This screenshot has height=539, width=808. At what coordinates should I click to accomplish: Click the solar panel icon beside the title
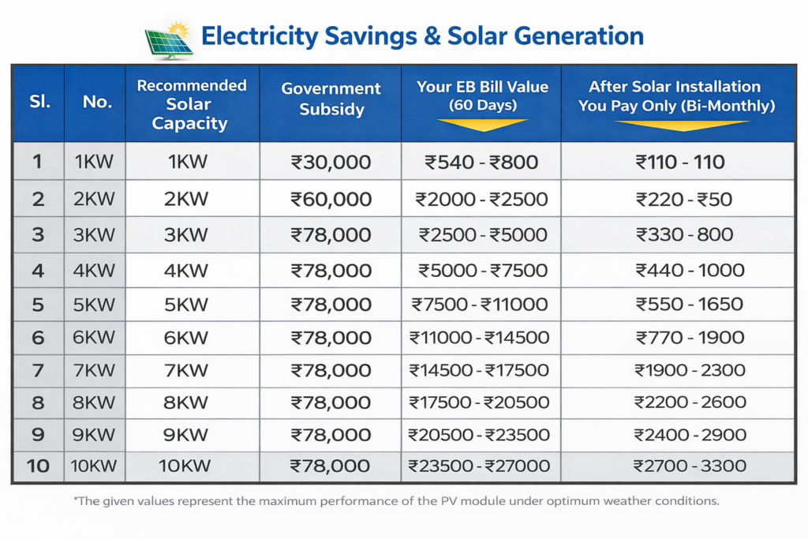pyautogui.click(x=169, y=40)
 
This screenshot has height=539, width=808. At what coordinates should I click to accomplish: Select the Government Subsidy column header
pyautogui.click(x=331, y=99)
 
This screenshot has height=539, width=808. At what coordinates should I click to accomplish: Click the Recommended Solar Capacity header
pyautogui.click(x=192, y=104)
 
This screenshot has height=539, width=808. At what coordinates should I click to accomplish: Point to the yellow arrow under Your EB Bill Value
pyautogui.click(x=481, y=125)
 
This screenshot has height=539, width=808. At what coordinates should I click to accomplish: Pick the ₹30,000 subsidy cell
pyautogui.click(x=331, y=163)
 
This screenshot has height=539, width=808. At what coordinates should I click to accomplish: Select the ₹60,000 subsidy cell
pyautogui.click(x=331, y=199)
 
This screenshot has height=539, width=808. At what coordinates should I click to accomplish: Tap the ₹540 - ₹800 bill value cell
pyautogui.click(x=481, y=163)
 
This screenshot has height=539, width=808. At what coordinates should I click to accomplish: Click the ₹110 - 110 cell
pyautogui.click(x=679, y=163)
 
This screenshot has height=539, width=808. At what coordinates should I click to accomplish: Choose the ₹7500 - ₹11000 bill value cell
pyautogui.click(x=480, y=304)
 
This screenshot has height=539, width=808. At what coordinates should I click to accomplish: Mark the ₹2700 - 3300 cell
pyautogui.click(x=679, y=466)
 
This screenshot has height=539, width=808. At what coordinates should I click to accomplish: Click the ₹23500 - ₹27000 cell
pyautogui.click(x=480, y=466)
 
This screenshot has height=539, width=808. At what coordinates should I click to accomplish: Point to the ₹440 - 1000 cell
pyautogui.click(x=679, y=271)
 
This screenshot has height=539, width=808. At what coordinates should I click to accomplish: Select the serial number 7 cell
pyautogui.click(x=37, y=370)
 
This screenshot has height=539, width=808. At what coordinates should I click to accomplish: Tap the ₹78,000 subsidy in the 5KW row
pyautogui.click(x=331, y=304)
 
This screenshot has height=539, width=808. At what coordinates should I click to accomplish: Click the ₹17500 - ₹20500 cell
pyautogui.click(x=480, y=402)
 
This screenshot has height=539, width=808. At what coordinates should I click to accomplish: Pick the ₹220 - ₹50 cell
pyautogui.click(x=679, y=199)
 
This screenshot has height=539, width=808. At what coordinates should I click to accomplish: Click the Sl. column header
pyautogui.click(x=37, y=102)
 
